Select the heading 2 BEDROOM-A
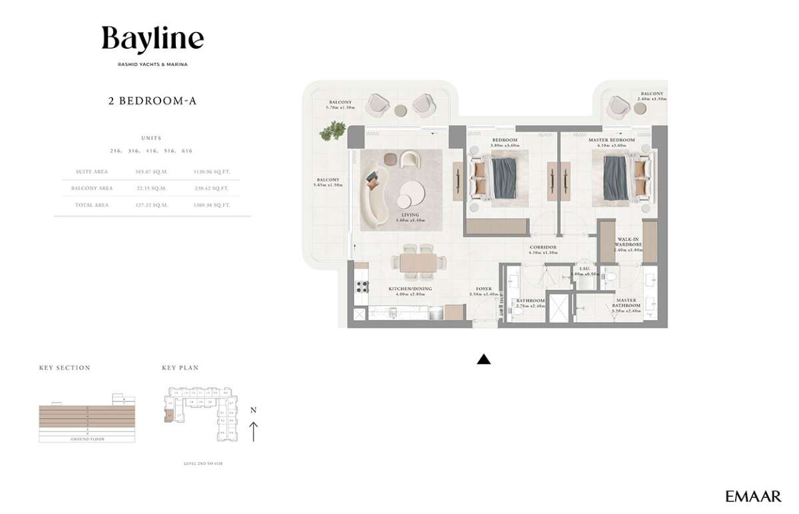pyautogui.click(x=152, y=102)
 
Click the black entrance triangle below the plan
pyautogui.click(x=484, y=359)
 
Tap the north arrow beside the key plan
pyautogui.click(x=253, y=427)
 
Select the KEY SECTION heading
pyautogui.click(x=65, y=367)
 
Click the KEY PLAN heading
pyautogui.click(x=180, y=367)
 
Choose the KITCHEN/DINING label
pyautogui.click(x=410, y=289)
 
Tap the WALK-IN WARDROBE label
pyautogui.click(x=629, y=241)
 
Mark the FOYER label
pyautogui.click(x=483, y=289)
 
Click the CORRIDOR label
pyautogui.click(x=542, y=247)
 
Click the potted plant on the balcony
pyautogui.click(x=331, y=131)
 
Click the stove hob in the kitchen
pyautogui.click(x=363, y=287)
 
